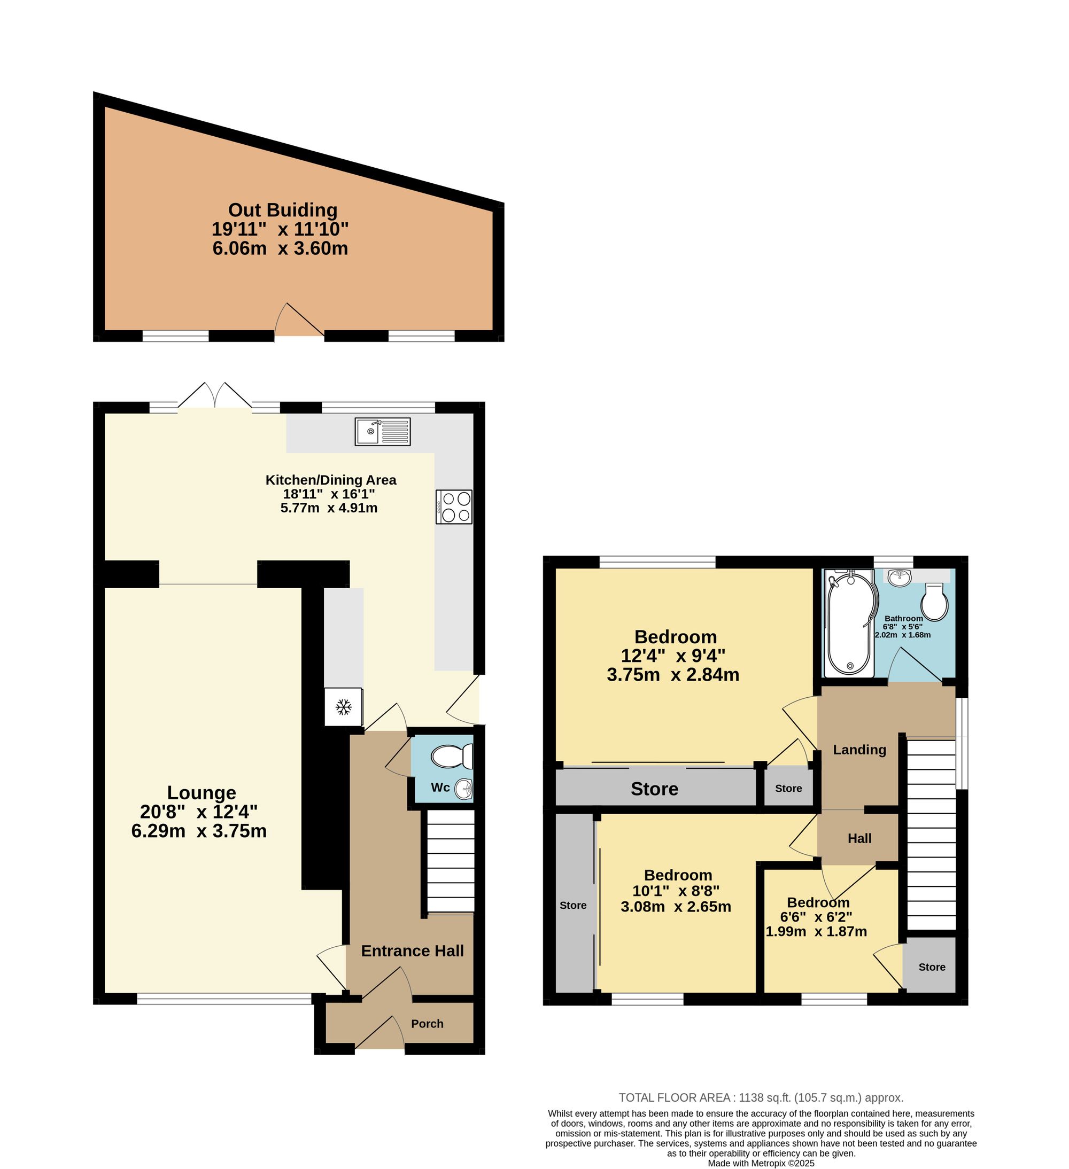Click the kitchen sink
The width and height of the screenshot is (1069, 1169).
(x=382, y=432)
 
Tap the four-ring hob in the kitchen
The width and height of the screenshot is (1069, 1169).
(x=454, y=507)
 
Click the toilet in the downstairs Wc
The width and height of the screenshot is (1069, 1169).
(x=452, y=757)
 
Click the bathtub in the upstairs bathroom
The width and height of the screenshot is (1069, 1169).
(x=849, y=623)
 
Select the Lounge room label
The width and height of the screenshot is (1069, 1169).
(x=202, y=793)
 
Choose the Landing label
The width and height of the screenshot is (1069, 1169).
(x=859, y=750)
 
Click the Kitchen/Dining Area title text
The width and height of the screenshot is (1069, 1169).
(x=331, y=480)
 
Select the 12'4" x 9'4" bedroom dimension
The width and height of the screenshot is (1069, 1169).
(x=673, y=656)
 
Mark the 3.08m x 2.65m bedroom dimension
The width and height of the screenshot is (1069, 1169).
(x=676, y=906)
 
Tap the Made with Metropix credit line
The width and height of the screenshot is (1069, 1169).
(x=761, y=1163)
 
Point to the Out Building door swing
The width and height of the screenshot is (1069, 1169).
(x=299, y=319)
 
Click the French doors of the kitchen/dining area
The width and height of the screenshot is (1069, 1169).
(x=215, y=395)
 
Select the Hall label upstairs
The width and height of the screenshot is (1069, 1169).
(x=859, y=838)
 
